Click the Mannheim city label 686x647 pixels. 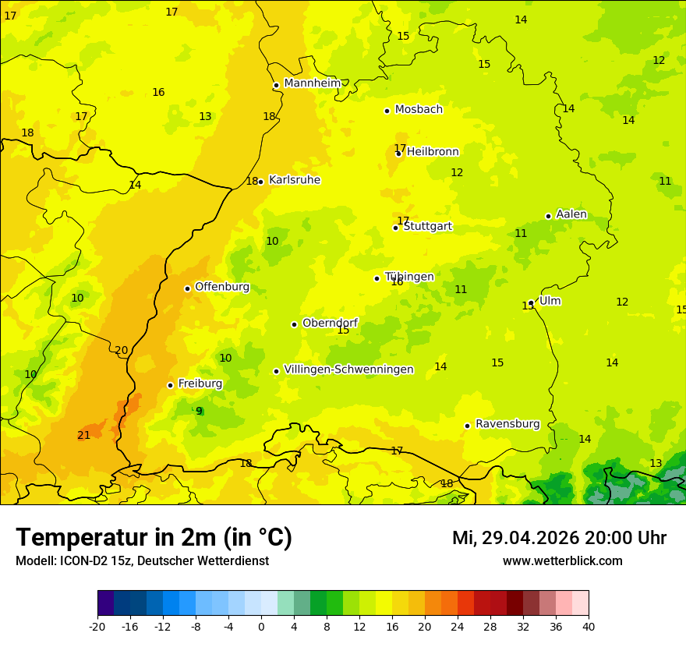(x=313, y=83)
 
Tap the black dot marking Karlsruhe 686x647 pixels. (x=261, y=181)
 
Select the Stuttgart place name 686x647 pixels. (x=428, y=226)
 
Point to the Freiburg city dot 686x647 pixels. (x=170, y=385)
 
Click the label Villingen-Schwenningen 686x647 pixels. (x=348, y=369)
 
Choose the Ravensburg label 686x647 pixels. (x=507, y=424)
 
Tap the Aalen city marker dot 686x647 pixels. (x=548, y=216)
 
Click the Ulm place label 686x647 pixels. (x=550, y=301)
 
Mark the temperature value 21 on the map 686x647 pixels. (x=83, y=435)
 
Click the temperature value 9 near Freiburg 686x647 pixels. (x=199, y=411)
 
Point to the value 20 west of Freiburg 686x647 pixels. (x=121, y=350)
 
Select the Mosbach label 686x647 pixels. (x=419, y=109)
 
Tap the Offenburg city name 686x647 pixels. (x=222, y=287)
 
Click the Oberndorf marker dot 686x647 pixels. (x=294, y=324)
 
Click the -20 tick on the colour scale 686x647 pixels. (x=97, y=626)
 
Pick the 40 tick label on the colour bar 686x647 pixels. (x=589, y=626)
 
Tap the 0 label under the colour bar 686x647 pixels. (x=261, y=626)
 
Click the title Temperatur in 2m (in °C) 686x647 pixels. (x=154, y=537)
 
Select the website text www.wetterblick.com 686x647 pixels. (x=562, y=560)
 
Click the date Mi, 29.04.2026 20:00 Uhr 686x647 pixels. (x=559, y=538)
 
